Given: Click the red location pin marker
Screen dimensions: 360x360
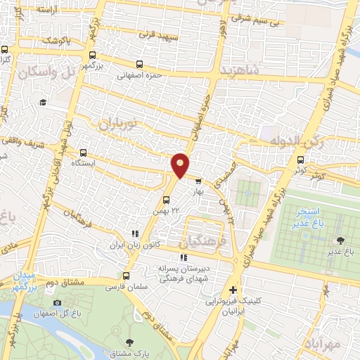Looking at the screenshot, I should pyautogui.click(x=180, y=165).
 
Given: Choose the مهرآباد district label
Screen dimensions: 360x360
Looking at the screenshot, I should pyautogui.click(x=327, y=344).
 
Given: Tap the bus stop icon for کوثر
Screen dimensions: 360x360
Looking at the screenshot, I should pyautogui.click(x=301, y=160).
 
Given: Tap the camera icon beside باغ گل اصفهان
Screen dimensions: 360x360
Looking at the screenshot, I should pyautogui.click(x=57, y=303).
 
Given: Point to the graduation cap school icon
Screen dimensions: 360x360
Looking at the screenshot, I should pyautogui.click(x=42, y=103).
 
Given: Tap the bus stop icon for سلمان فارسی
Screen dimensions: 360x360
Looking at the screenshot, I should pyautogui.click(x=126, y=276).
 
